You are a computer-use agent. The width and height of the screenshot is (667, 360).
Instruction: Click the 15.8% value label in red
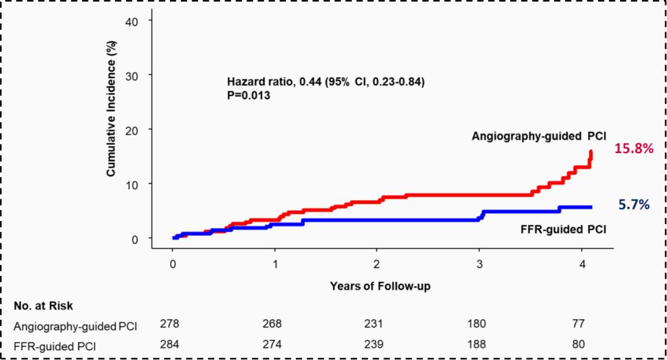click(633, 148)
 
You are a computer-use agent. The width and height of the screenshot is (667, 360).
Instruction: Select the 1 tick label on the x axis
click(275, 264)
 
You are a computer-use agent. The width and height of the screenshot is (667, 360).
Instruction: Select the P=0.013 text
click(251, 97)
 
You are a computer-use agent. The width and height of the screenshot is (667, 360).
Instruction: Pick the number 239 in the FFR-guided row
click(374, 343)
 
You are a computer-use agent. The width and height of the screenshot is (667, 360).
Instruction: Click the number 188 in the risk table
click(476, 343)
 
